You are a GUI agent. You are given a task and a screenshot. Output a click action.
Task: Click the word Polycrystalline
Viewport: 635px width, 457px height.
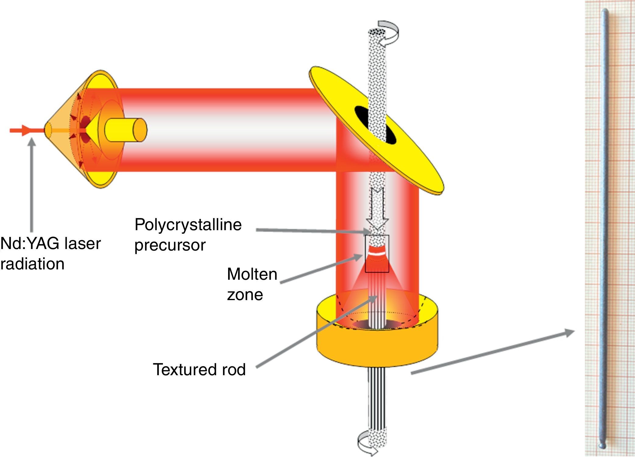click(x=188, y=225)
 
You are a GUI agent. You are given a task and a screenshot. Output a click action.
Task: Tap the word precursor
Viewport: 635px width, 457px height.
click(x=170, y=245)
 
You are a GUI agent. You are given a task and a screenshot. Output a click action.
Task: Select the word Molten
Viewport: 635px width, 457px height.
click(x=252, y=274)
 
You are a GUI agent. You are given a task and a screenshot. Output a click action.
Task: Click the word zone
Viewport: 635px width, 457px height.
click(x=245, y=295)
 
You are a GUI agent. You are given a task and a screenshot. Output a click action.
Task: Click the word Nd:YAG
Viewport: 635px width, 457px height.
click(x=25, y=244)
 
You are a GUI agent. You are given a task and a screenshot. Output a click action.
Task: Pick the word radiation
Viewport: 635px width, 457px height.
click(x=32, y=264)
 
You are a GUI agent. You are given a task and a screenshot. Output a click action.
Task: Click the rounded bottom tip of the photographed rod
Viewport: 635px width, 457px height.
click(x=602, y=445)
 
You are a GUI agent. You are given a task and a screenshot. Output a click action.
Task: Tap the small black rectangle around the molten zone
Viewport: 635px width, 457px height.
click(x=377, y=254)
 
